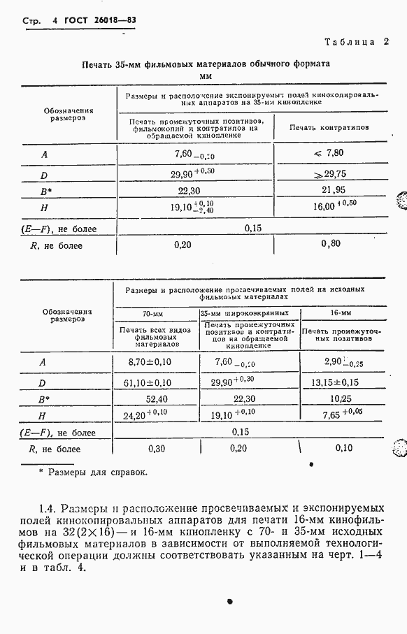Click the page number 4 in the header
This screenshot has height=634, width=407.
pos(55,21)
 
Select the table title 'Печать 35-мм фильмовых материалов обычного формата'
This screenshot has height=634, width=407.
pos(206,64)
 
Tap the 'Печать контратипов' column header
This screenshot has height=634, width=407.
pos(328,129)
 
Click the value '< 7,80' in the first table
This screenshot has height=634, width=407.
pos(329,153)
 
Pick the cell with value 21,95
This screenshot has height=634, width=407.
pos(329,190)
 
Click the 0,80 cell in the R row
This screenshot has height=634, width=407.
pos(331,245)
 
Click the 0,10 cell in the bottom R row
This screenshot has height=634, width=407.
pos(343,448)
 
